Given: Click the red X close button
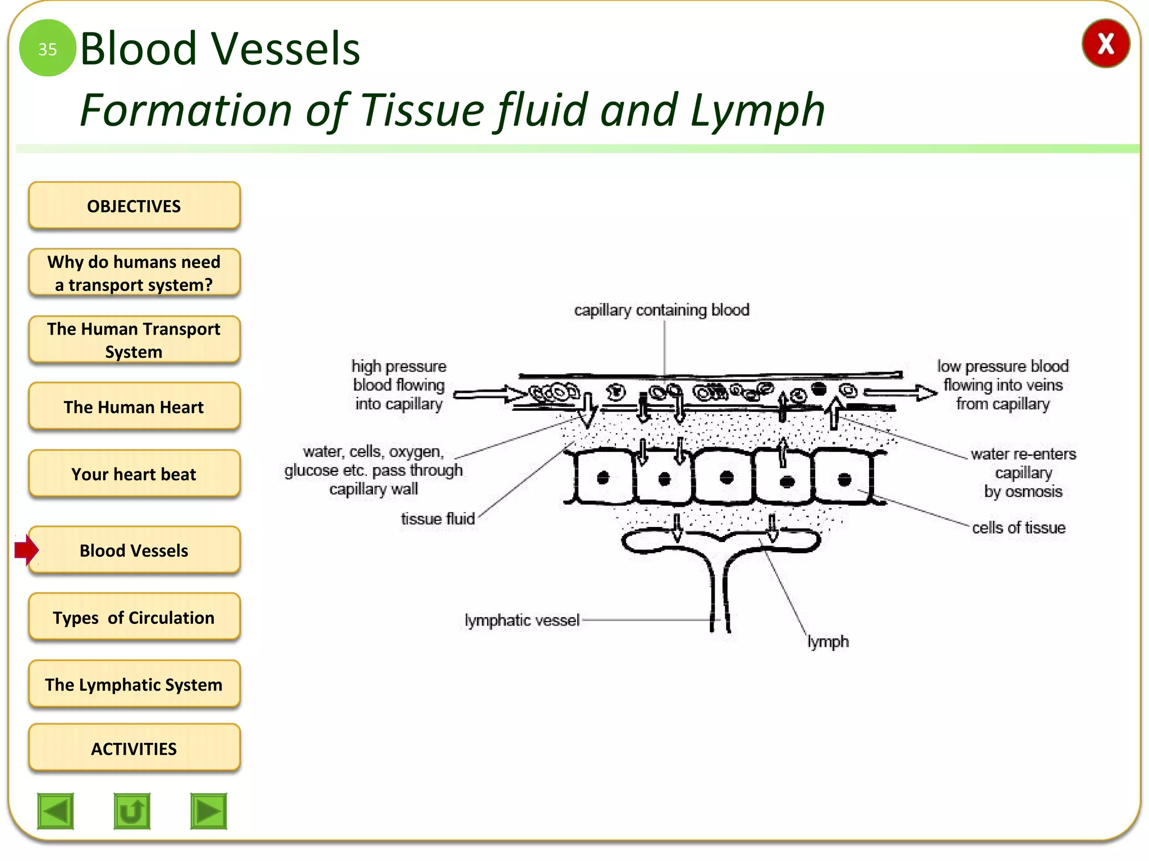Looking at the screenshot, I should click(1105, 44).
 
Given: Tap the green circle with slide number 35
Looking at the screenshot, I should click(47, 49).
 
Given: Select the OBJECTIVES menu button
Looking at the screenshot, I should click(134, 206).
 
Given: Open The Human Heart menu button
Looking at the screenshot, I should click(134, 407).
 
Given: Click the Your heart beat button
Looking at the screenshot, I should click(134, 474).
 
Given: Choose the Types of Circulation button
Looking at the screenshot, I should click(134, 617).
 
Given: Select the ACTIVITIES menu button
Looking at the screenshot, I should click(134, 748).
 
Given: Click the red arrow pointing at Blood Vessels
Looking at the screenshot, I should click(26, 550).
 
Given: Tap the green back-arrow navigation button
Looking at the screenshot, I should click(56, 811).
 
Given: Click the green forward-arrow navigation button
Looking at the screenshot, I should click(208, 811).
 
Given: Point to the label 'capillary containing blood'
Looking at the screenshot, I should click(661, 310).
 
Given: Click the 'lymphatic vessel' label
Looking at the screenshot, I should click(522, 620).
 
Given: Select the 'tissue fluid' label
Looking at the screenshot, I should click(438, 519).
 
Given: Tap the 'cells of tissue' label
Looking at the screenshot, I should click(1018, 527).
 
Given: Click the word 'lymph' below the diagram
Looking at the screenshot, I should click(828, 641).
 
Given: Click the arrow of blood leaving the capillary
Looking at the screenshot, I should click(900, 392).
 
